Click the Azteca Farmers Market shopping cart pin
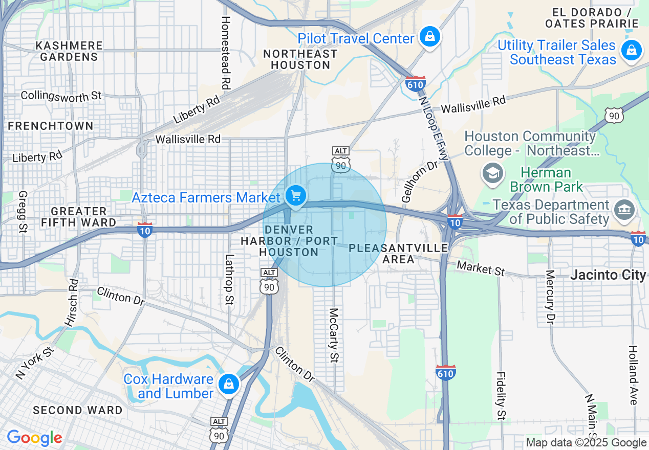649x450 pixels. (295, 195)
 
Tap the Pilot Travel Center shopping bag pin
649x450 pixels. (430, 37)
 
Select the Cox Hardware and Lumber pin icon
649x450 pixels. (228, 384)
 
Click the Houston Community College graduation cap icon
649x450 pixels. (492, 173)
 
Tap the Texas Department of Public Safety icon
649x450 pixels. (623, 210)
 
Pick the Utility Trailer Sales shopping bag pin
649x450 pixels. (631, 51)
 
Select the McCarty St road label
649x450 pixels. (334, 335)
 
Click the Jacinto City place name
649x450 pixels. (608, 275)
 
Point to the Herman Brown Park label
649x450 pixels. (546, 179)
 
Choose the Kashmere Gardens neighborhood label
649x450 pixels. (69, 51)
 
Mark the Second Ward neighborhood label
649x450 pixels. (78, 410)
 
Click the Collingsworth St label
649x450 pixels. (61, 96)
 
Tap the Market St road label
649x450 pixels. (481, 268)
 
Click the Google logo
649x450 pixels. (34, 438)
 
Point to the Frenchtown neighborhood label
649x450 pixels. (51, 126)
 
